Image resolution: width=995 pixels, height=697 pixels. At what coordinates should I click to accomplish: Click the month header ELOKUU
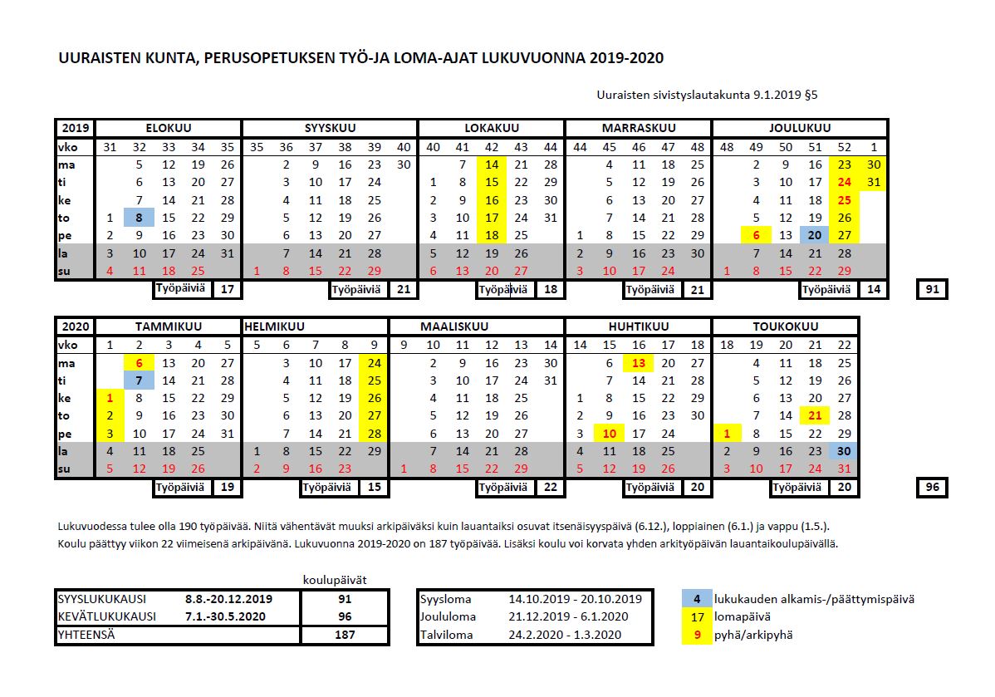pyautogui.click(x=169, y=128)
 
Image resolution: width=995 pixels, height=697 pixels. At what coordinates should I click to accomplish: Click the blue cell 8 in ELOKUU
pyautogui.click(x=140, y=218)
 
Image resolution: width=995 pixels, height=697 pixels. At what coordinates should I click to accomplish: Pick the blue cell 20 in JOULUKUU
pyautogui.click(x=814, y=235)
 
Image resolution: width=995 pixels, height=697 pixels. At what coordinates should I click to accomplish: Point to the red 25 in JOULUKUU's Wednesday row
pyautogui.click(x=845, y=200)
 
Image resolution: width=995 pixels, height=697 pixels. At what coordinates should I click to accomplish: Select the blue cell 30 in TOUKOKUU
pyautogui.click(x=845, y=451)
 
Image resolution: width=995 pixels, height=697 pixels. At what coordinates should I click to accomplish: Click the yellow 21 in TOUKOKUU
pyautogui.click(x=815, y=415)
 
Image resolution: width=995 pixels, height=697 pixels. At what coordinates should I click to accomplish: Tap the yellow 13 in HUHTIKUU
pyautogui.click(x=638, y=363)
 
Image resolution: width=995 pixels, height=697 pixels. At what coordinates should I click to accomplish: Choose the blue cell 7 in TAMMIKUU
pyautogui.click(x=140, y=380)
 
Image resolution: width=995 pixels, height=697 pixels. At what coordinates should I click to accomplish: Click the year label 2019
pyautogui.click(x=76, y=128)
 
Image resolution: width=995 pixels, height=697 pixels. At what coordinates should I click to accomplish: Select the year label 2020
pyautogui.click(x=76, y=326)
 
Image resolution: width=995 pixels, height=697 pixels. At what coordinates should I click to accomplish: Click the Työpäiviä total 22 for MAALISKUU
pyautogui.click(x=550, y=488)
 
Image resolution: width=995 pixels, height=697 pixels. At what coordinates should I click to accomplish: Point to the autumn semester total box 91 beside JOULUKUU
pyautogui.click(x=933, y=290)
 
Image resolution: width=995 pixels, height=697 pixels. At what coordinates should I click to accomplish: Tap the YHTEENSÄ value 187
pyautogui.click(x=343, y=635)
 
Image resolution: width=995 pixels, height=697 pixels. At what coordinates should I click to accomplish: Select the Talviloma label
pyautogui.click(x=446, y=635)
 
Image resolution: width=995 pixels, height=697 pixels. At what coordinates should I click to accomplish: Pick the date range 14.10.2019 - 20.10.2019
pyautogui.click(x=575, y=598)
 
